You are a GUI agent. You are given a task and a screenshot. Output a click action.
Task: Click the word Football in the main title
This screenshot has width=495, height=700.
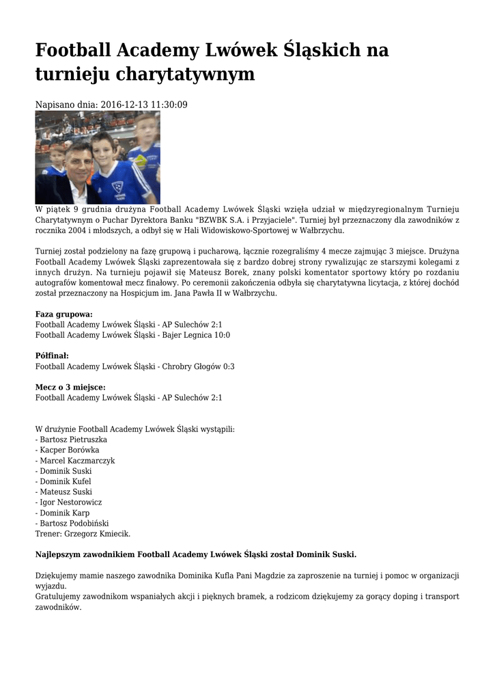(73, 50)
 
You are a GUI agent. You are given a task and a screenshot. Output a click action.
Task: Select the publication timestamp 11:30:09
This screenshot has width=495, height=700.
(165, 105)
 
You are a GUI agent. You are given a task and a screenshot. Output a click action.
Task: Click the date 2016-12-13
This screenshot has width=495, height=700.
(122, 105)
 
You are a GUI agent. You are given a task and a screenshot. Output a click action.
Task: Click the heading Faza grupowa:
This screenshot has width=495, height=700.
(63, 314)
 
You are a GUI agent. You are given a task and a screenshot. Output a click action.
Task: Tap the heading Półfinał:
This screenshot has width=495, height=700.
(52, 356)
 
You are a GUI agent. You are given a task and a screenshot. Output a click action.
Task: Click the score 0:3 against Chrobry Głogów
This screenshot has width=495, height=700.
(227, 366)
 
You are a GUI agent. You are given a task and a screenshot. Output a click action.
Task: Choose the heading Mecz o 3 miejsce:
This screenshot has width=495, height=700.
(70, 387)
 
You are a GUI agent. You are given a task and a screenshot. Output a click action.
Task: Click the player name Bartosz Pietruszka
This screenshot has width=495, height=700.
(73, 440)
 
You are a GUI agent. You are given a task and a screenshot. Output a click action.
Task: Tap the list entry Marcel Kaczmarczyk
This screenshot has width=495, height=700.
(77, 461)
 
